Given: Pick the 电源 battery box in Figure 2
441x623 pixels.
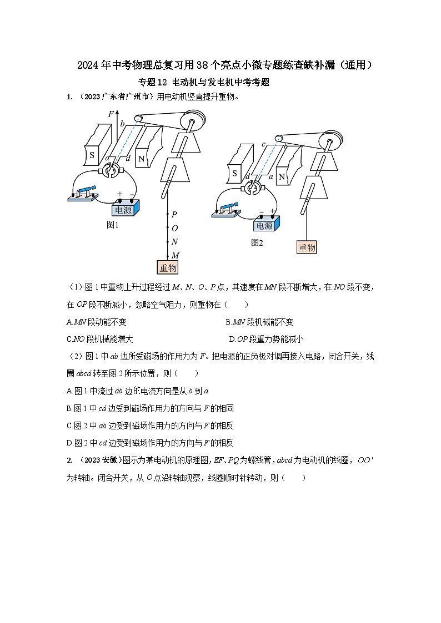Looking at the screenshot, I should (264, 225).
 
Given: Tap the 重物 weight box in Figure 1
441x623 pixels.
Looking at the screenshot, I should (168, 268).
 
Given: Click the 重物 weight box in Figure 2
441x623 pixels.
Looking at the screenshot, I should (307, 247).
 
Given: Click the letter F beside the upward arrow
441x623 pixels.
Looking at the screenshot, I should (111, 114).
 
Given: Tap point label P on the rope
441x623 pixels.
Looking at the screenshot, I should (174, 214).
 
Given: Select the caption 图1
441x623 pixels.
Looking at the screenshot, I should (113, 225).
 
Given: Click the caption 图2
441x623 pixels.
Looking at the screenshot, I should (257, 242).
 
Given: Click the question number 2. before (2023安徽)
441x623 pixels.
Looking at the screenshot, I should (69, 460).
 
